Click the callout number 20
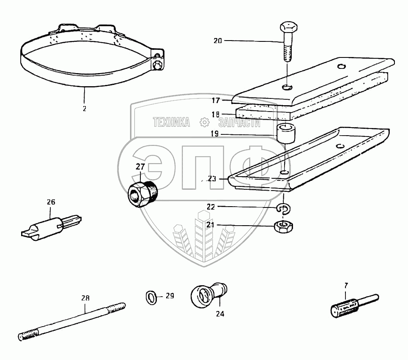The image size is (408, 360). (x=217, y=41)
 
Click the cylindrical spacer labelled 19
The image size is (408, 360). (x=286, y=133)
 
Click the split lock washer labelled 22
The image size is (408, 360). (x=284, y=208)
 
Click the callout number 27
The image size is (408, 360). (x=140, y=167)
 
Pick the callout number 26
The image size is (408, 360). (x=51, y=202)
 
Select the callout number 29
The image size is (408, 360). (x=169, y=296)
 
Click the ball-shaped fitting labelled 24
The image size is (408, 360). (x=208, y=293)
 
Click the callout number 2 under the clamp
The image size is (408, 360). (x=84, y=109)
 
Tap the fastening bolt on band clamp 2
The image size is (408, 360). (x=158, y=64)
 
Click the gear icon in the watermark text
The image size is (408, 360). (x=205, y=123)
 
